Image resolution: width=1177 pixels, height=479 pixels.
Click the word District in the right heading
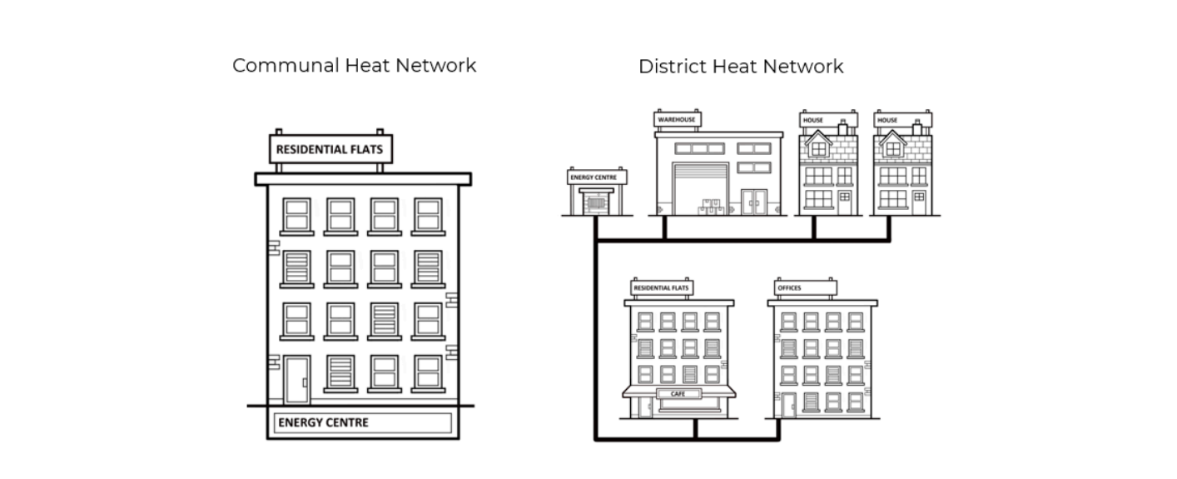point(668,67)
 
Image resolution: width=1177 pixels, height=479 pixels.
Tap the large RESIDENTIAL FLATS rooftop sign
point(330,150)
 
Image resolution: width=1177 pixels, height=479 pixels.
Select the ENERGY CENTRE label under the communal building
point(323,422)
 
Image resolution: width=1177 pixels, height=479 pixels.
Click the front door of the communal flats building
point(296,380)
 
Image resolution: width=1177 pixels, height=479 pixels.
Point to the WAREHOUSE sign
point(677,120)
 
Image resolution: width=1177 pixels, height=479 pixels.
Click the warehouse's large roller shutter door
point(700,188)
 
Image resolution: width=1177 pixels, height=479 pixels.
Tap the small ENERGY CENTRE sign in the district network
point(597,177)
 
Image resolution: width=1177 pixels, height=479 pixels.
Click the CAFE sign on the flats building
point(678,393)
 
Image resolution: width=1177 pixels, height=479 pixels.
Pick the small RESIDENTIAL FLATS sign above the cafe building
point(663,288)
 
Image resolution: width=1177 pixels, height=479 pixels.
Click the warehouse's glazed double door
point(755,202)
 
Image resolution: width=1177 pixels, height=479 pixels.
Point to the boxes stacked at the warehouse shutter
point(709,206)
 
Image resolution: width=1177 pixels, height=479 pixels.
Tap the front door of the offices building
point(787,406)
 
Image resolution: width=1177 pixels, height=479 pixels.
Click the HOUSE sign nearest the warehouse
point(827,120)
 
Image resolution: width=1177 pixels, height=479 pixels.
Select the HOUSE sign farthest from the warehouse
point(902,120)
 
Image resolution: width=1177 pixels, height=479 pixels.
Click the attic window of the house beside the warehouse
point(819,149)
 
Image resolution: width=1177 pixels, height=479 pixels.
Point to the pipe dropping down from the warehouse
point(663,227)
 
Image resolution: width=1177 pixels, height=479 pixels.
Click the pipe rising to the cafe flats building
point(695,428)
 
